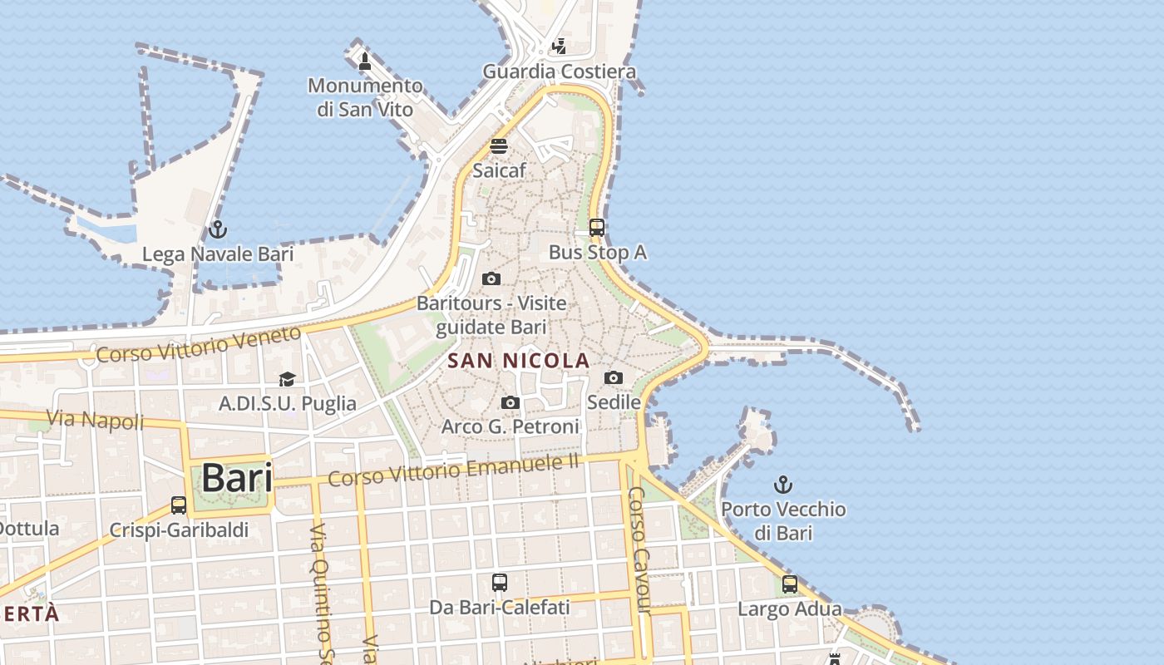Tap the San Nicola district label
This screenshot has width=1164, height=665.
pos(519,361)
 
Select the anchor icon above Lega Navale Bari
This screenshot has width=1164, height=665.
pos(218,229)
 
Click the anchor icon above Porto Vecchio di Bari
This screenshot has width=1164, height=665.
pos(783,484)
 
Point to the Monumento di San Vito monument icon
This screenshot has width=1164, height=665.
pos(364,61)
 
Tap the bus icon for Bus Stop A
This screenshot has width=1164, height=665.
pos(597,227)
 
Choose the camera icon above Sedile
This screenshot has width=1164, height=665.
pos(614,378)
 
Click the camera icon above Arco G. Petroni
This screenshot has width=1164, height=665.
pos(510,403)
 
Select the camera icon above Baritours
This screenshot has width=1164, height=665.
pos(491,278)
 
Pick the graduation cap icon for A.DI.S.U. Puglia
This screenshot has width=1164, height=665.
pos(287,379)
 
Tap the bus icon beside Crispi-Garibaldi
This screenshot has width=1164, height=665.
pos(179,505)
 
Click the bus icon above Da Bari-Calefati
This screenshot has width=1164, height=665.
pos(499,583)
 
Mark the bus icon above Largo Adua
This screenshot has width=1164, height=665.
pos(790,584)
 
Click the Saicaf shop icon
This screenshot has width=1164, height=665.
pos(499,146)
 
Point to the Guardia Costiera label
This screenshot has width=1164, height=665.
pos(560,71)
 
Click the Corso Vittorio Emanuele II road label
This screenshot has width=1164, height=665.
pos(453,471)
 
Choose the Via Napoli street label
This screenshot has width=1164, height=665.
pos(95,420)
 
